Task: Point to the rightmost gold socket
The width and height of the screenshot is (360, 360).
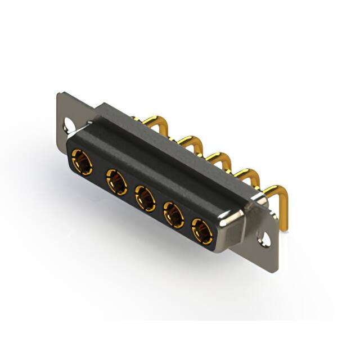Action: pyautogui.click(x=201, y=231)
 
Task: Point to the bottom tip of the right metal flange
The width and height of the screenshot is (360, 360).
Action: pyautogui.click(x=274, y=253)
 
